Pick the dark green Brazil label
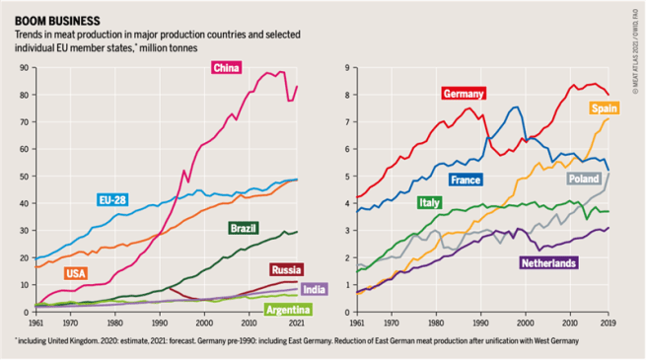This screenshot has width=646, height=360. (243, 228)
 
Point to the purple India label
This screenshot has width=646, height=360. (314, 290)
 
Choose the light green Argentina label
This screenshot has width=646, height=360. (289, 309)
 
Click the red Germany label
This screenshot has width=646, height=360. (464, 94)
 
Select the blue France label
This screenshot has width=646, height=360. (465, 180)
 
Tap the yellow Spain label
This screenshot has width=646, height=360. (604, 108)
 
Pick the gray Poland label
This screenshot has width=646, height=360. (583, 180)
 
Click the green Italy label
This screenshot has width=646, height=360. (429, 202)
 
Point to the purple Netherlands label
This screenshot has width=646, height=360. (548, 263)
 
